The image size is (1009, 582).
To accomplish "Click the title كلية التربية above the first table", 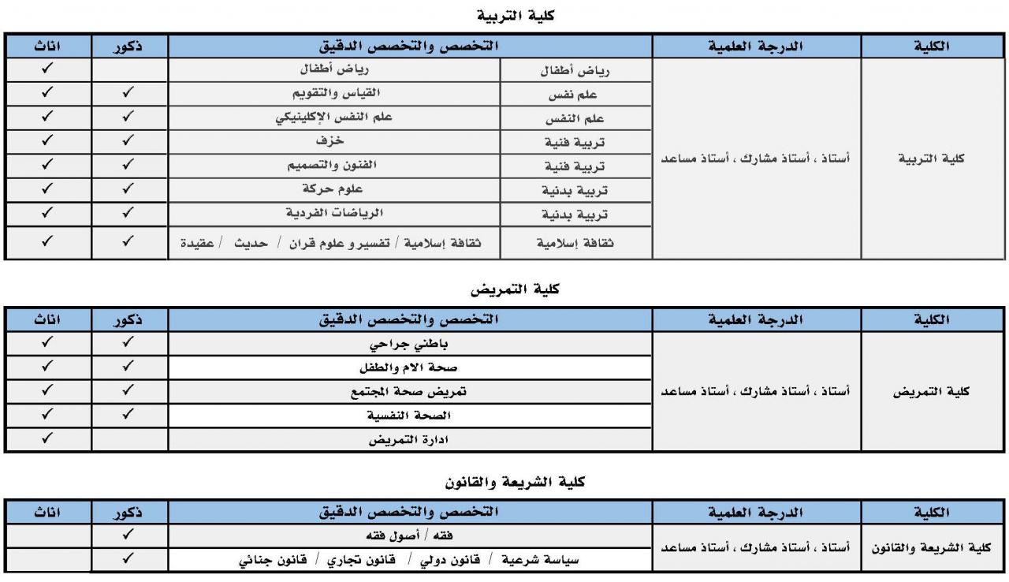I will [x=516, y=15].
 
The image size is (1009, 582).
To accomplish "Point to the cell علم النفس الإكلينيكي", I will [x=333, y=118].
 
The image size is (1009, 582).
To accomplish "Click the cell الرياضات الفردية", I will [x=334, y=214].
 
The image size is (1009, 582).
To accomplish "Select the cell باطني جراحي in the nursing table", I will [x=410, y=344].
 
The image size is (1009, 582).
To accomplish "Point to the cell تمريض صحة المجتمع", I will [x=409, y=391].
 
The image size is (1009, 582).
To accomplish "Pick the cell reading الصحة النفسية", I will [x=409, y=415].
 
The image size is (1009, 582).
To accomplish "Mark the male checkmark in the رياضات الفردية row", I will [x=128, y=213].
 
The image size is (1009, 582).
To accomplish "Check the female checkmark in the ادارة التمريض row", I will [x=47, y=438].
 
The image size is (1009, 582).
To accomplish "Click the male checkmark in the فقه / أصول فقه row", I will [x=128, y=534].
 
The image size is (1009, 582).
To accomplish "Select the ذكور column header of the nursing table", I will [x=128, y=319].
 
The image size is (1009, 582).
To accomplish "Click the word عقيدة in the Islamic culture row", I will [x=199, y=244].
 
